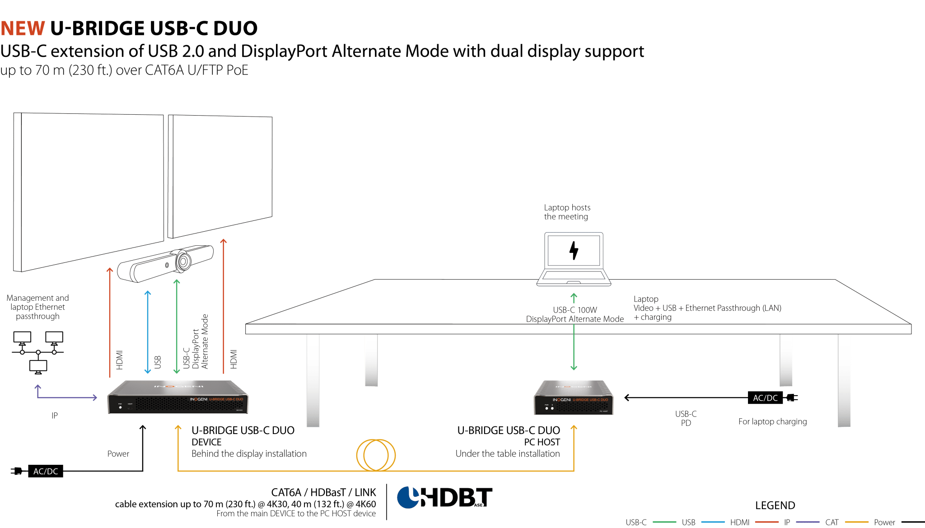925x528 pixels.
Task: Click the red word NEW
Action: click(x=23, y=28)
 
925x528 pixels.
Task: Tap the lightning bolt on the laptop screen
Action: click(x=574, y=250)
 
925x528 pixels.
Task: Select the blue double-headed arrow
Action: click(x=147, y=332)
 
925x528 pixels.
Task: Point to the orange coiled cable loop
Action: click(x=376, y=455)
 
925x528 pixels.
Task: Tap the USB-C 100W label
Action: click(x=575, y=310)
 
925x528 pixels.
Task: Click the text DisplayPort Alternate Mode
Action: click(x=575, y=319)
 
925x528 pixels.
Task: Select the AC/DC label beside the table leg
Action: click(x=765, y=398)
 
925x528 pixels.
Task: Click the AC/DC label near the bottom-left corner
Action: click(x=46, y=471)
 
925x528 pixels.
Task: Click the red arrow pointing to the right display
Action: click(x=223, y=307)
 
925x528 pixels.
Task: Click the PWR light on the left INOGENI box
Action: click(x=120, y=407)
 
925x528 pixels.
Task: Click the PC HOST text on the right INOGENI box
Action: click(x=603, y=411)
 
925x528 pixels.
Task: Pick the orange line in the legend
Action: click(x=856, y=522)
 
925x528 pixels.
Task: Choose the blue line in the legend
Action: click(x=713, y=522)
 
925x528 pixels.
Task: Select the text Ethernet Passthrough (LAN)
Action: click(x=733, y=308)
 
